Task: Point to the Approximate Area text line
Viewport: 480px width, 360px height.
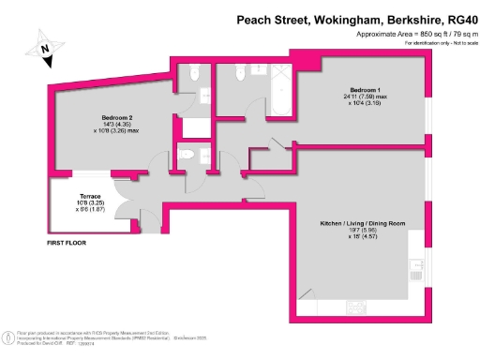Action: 412,34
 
